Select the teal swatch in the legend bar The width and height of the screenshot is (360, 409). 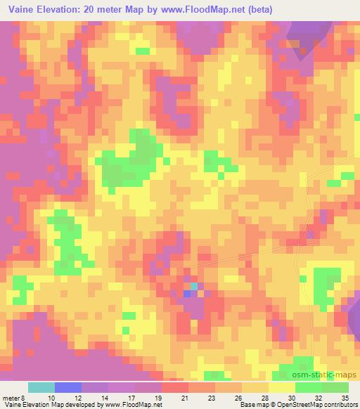coord(41,387)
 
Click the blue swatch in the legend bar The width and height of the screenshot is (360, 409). coord(68,387)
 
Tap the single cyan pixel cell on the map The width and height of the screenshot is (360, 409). coord(194,286)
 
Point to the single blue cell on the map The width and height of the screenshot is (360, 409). coord(187,293)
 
